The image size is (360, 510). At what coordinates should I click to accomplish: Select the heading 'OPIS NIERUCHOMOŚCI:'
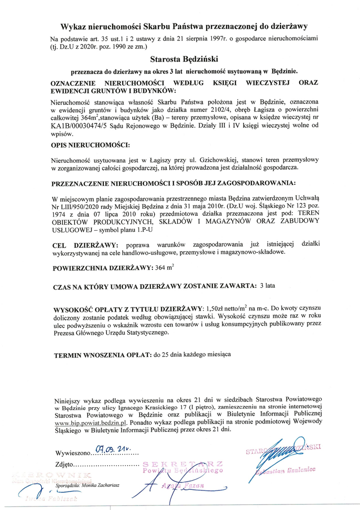[x=90, y=145]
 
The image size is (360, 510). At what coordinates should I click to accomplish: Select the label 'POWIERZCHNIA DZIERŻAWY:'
[x=102, y=268]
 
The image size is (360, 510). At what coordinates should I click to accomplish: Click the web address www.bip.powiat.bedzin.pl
[x=89, y=422]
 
